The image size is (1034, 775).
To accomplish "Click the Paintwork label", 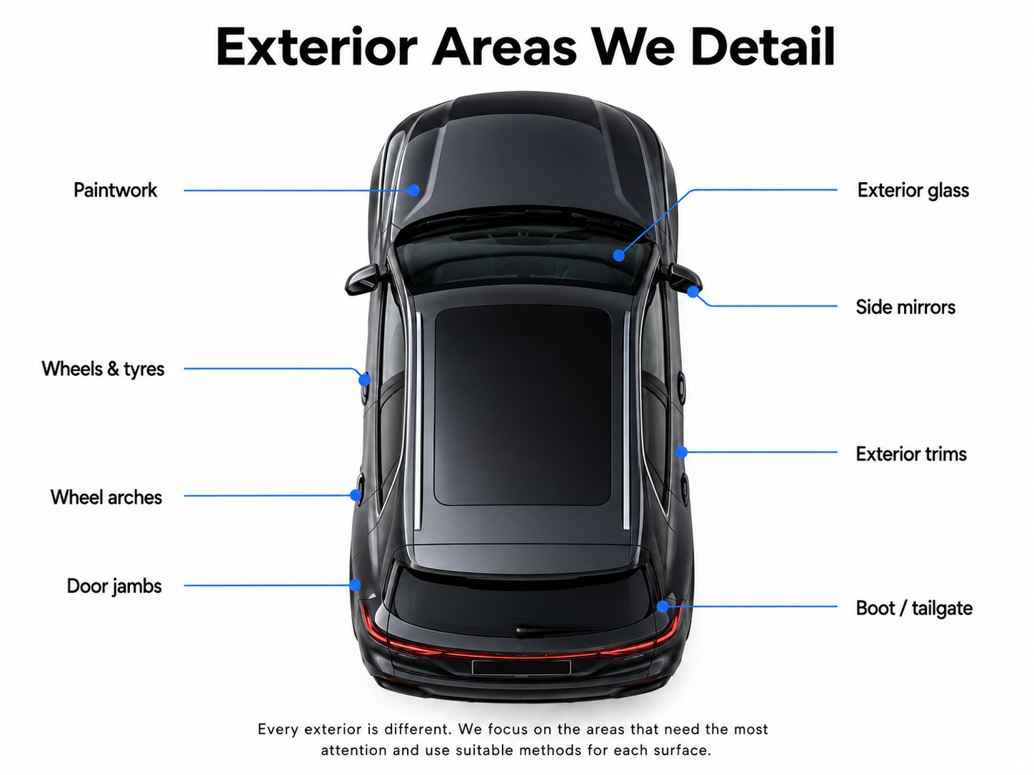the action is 116,190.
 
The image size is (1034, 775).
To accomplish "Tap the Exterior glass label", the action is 913,191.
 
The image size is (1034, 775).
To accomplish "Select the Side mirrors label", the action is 905,307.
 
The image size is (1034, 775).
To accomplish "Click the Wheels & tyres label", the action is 103,369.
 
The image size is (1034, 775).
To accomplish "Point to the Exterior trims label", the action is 911,454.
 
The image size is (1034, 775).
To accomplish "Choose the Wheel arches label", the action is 106,497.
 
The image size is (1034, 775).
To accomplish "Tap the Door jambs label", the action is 114,587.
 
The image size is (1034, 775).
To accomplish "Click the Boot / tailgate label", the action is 914,608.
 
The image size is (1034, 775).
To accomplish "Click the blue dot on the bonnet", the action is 413,190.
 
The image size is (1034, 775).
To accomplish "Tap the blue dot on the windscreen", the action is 619,255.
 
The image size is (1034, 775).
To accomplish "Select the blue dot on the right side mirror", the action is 693,292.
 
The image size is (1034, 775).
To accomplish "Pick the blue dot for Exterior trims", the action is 681,452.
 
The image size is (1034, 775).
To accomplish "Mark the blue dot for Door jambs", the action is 355,585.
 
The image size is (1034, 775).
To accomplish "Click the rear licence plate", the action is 521,667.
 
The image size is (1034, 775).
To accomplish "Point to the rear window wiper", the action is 556,629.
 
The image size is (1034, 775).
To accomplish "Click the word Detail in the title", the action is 763,46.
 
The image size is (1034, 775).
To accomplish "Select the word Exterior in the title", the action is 316,46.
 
